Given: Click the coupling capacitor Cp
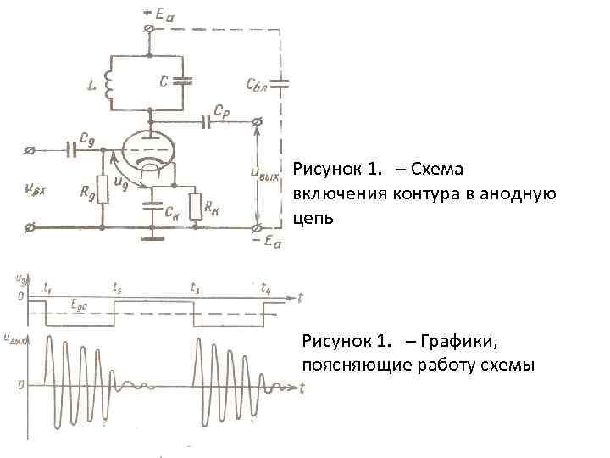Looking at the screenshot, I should point(206,123).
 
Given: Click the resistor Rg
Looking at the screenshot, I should point(102,190).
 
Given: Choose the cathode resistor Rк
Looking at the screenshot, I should point(196,206).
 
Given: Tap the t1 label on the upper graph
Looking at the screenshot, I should point(47,287).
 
